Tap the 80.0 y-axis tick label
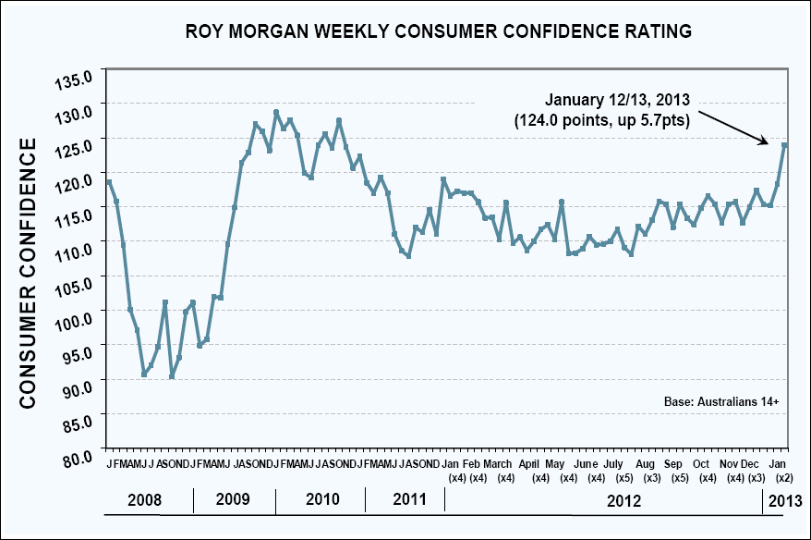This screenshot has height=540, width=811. (x=81, y=457)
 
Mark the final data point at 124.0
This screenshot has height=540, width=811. (x=784, y=145)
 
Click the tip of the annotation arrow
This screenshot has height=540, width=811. (x=769, y=143)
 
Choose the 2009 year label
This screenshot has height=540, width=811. (x=233, y=500)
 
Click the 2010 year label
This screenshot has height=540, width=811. (x=321, y=500)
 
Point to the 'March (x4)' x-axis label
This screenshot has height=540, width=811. (x=499, y=470)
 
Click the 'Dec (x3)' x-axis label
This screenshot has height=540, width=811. (x=756, y=470)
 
